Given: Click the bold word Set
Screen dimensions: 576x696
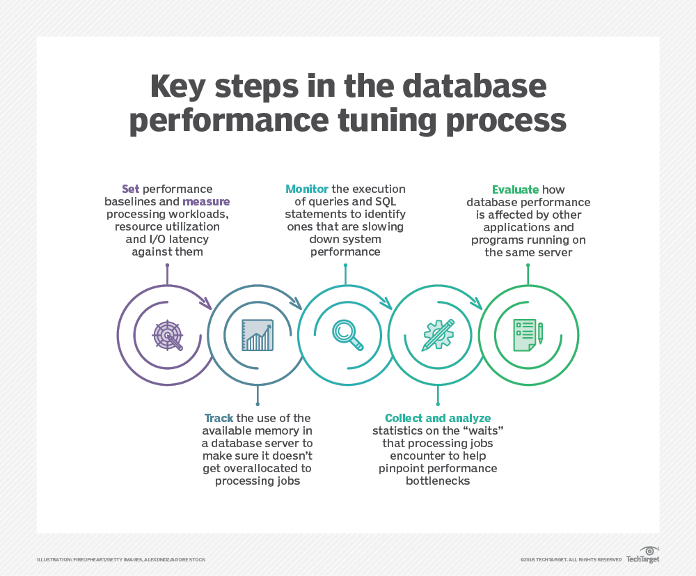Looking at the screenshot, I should (131, 189).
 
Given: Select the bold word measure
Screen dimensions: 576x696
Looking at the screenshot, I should (206, 202).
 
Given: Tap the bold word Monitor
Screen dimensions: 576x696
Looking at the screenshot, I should (307, 189).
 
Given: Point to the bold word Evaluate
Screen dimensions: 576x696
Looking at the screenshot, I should (516, 189).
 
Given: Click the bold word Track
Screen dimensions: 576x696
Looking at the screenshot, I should (219, 419).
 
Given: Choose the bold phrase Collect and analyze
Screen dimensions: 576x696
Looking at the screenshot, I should (438, 419).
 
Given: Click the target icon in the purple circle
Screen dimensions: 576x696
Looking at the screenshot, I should (168, 335).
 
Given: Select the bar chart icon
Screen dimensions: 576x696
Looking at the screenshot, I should (258, 335).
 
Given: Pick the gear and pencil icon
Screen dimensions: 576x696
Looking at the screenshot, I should (438, 335).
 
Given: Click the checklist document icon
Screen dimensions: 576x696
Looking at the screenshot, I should (528, 335).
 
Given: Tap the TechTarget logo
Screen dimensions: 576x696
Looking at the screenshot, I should (642, 555).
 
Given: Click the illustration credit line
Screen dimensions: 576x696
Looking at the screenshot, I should (121, 559).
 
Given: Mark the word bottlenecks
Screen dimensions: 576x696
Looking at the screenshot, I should (438, 481).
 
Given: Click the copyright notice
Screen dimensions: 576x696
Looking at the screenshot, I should (571, 559).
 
